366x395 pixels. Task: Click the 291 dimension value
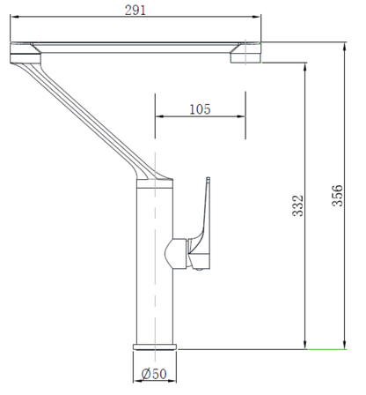135,11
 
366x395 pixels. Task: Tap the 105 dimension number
200,109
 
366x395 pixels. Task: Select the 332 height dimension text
297,205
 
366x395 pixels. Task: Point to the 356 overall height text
337,196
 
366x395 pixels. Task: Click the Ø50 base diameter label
154,374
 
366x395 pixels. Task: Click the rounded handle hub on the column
175,254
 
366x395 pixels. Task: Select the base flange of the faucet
155,347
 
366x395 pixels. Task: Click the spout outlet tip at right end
245,53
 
